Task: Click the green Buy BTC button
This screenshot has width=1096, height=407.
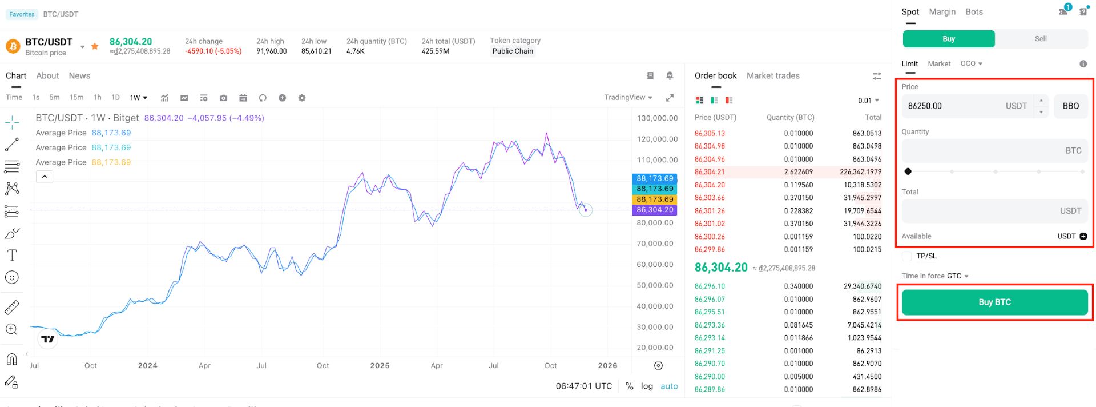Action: tap(994, 302)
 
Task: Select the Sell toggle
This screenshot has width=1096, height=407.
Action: tap(1041, 39)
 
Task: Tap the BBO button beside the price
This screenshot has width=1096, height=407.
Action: tap(1070, 106)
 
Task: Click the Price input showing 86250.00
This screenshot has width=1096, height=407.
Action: tap(968, 106)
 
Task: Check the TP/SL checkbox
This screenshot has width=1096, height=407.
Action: tap(906, 256)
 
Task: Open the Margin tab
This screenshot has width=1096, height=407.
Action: tap(942, 12)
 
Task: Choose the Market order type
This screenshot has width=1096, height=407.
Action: tap(939, 64)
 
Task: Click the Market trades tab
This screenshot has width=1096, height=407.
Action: tap(773, 76)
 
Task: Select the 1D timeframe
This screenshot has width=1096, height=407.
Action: tap(115, 98)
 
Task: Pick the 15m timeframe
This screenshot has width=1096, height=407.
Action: tap(76, 98)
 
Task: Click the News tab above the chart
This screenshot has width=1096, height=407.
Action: tap(79, 76)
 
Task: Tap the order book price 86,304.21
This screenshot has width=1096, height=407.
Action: tap(710, 172)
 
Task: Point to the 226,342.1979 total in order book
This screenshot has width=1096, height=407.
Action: tap(860, 172)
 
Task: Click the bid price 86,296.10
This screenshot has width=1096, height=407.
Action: tap(710, 286)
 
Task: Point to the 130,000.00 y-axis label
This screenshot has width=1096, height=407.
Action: tap(657, 118)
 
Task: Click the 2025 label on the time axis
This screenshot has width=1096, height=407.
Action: tap(380, 366)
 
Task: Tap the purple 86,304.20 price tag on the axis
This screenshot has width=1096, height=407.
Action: tap(655, 210)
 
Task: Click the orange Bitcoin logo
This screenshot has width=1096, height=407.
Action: tap(13, 46)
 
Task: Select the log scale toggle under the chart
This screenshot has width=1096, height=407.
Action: tap(647, 386)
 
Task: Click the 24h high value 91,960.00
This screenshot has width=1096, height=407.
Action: tap(271, 51)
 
